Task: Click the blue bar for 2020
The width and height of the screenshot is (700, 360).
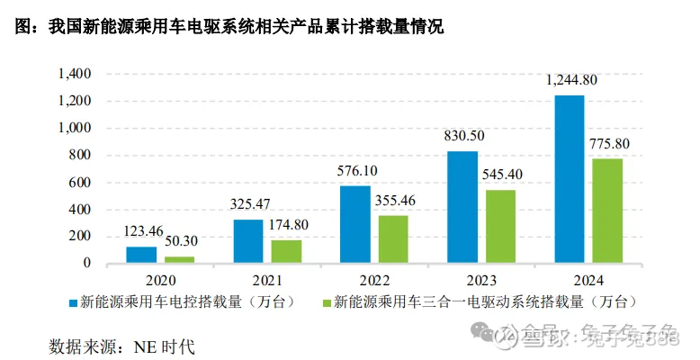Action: [x=141, y=255]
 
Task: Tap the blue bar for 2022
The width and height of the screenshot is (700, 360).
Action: [x=355, y=224]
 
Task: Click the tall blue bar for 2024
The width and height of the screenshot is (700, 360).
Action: [x=569, y=179]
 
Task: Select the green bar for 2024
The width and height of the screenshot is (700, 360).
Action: [x=607, y=211]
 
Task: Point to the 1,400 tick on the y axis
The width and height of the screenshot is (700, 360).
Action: [x=75, y=74]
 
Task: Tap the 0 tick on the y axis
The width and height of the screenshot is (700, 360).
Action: [x=86, y=264]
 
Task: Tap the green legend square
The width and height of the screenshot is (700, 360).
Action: [x=325, y=301]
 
